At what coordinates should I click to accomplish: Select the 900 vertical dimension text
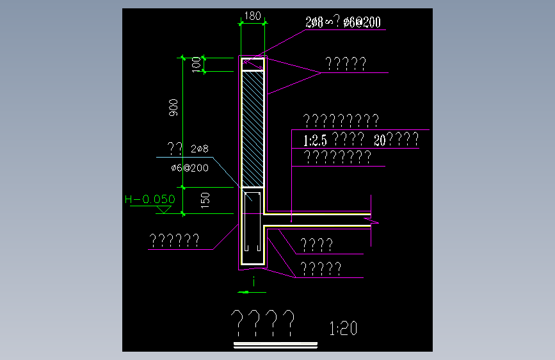point(173,109)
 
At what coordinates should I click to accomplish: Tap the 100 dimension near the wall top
point(196,65)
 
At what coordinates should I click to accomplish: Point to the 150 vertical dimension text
point(205,200)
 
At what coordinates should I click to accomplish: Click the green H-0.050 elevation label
point(149,199)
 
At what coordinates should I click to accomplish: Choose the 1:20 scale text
point(343,329)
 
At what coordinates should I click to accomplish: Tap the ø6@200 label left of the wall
point(190,167)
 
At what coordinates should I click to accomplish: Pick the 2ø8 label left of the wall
point(200,149)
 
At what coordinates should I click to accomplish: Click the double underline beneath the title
point(276,346)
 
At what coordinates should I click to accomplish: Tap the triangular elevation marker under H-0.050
point(166,209)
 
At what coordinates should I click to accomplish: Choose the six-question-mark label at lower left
point(174,241)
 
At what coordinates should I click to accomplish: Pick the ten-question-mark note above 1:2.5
point(341,120)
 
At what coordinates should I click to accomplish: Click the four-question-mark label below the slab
point(316,245)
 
